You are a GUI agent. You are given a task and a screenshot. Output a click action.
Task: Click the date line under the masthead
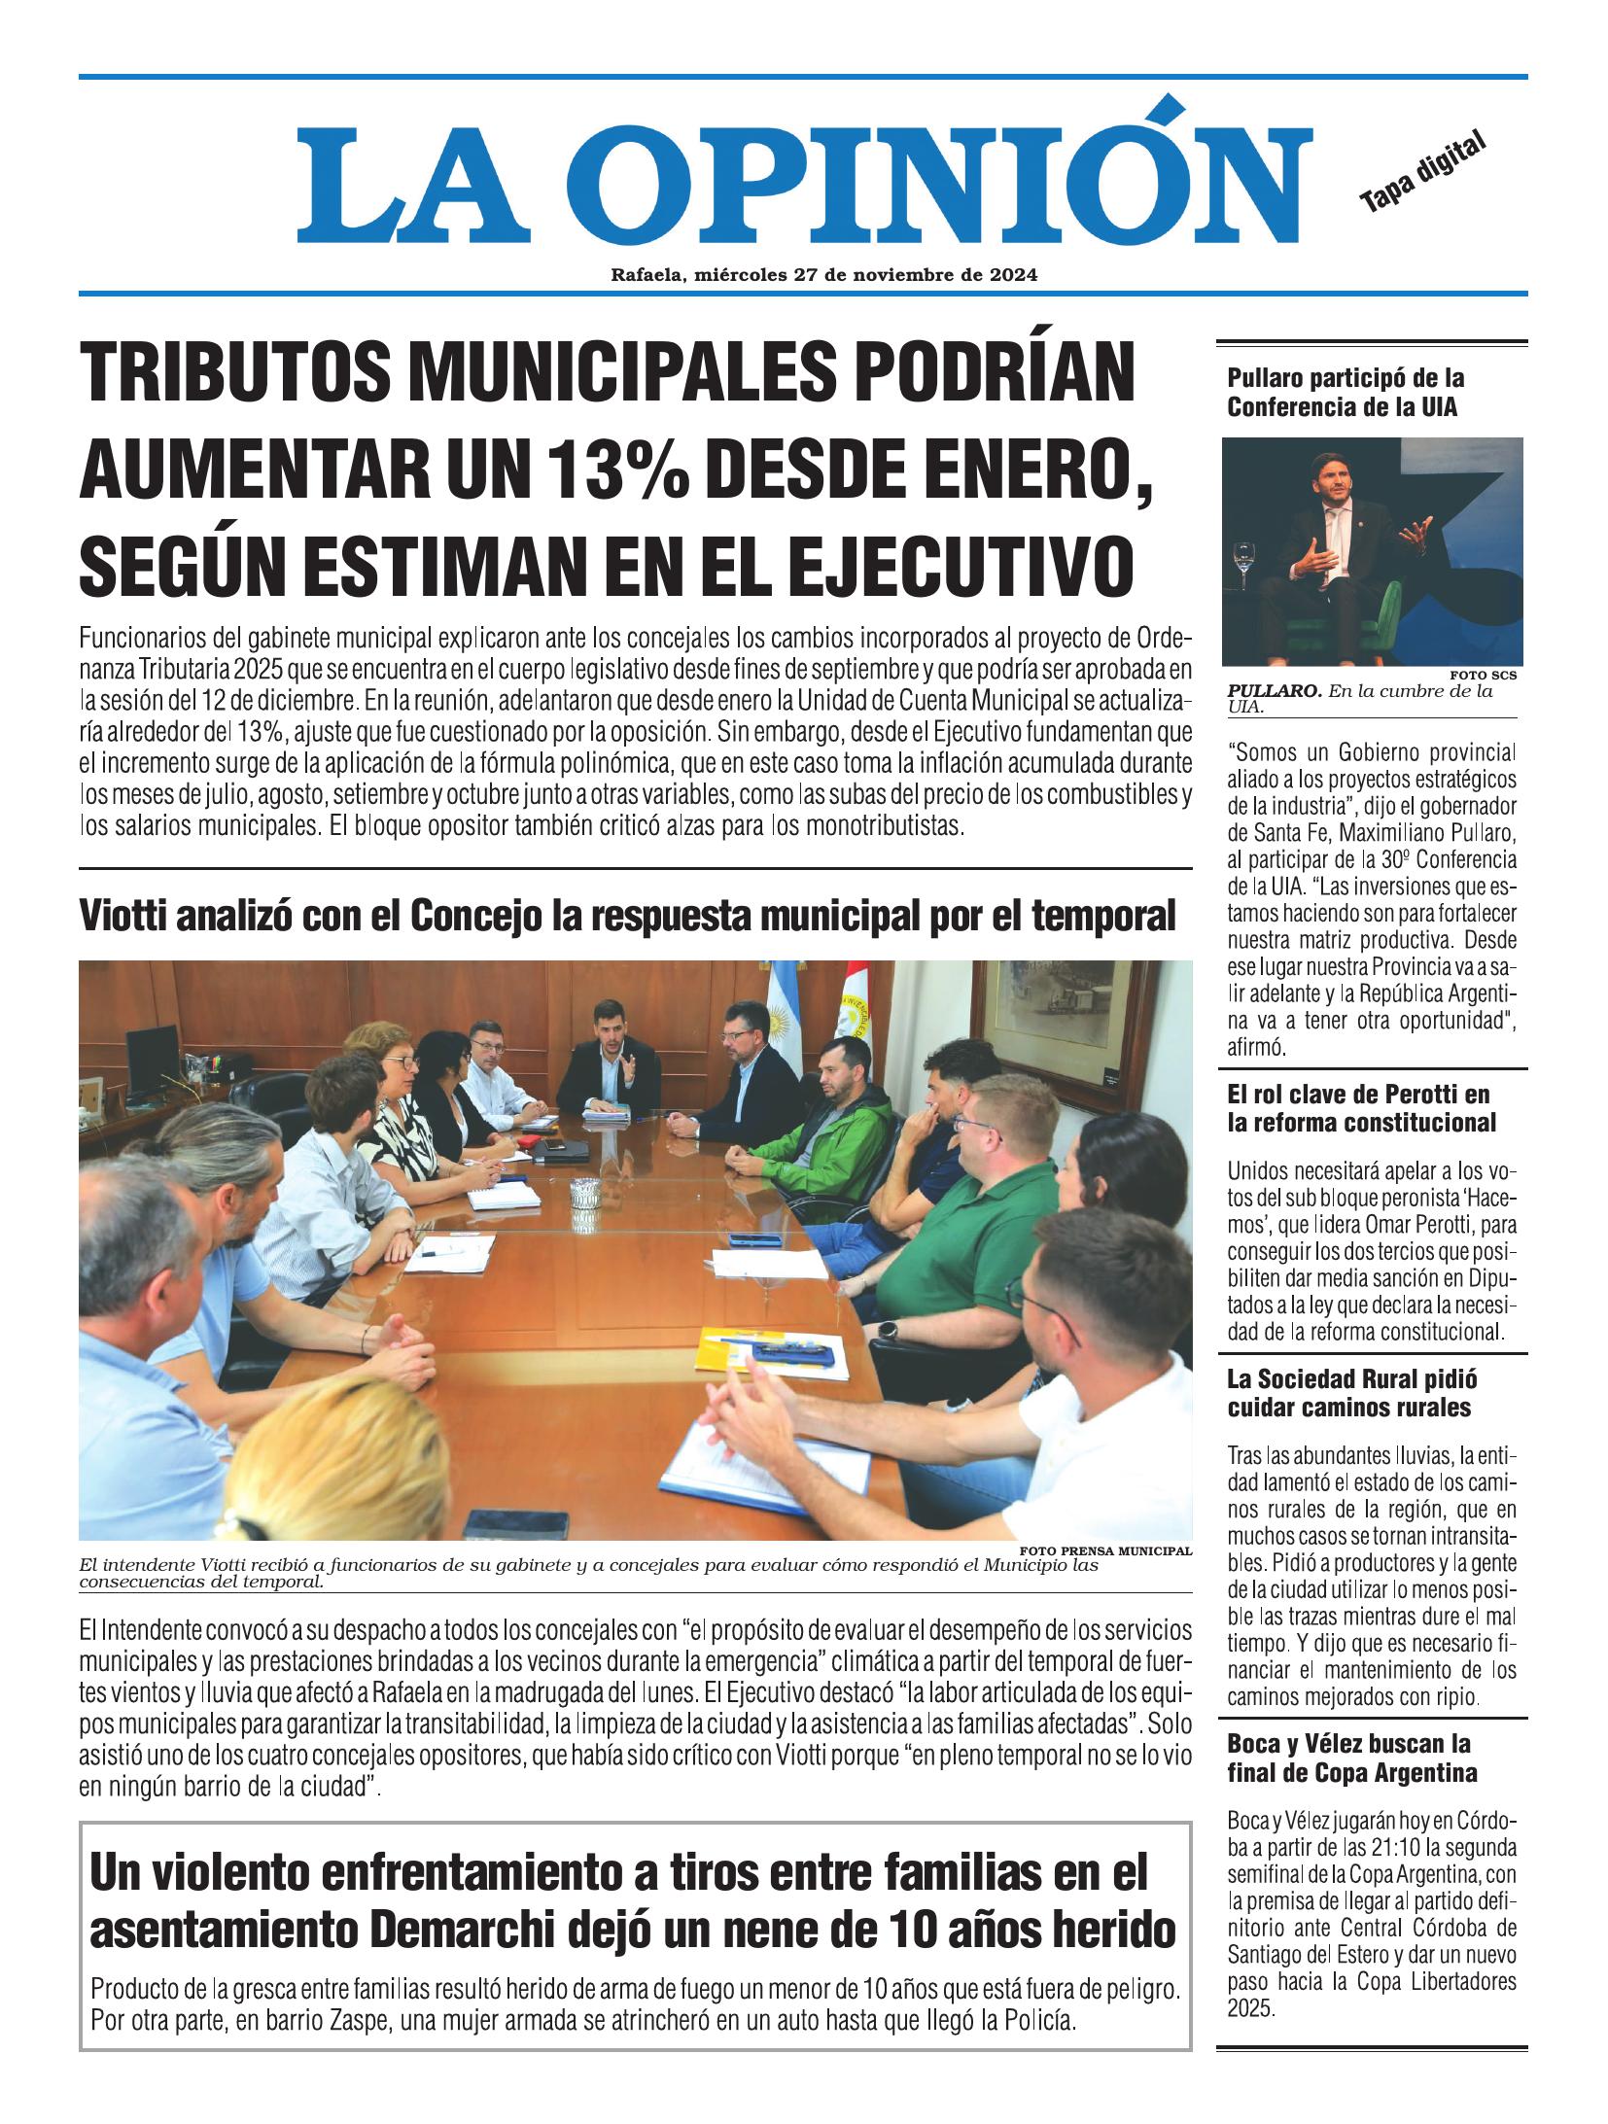tap(823, 275)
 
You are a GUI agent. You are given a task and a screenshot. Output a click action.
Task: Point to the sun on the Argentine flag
tap(780, 1022)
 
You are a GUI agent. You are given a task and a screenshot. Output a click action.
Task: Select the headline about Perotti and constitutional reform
tap(1361, 1108)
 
